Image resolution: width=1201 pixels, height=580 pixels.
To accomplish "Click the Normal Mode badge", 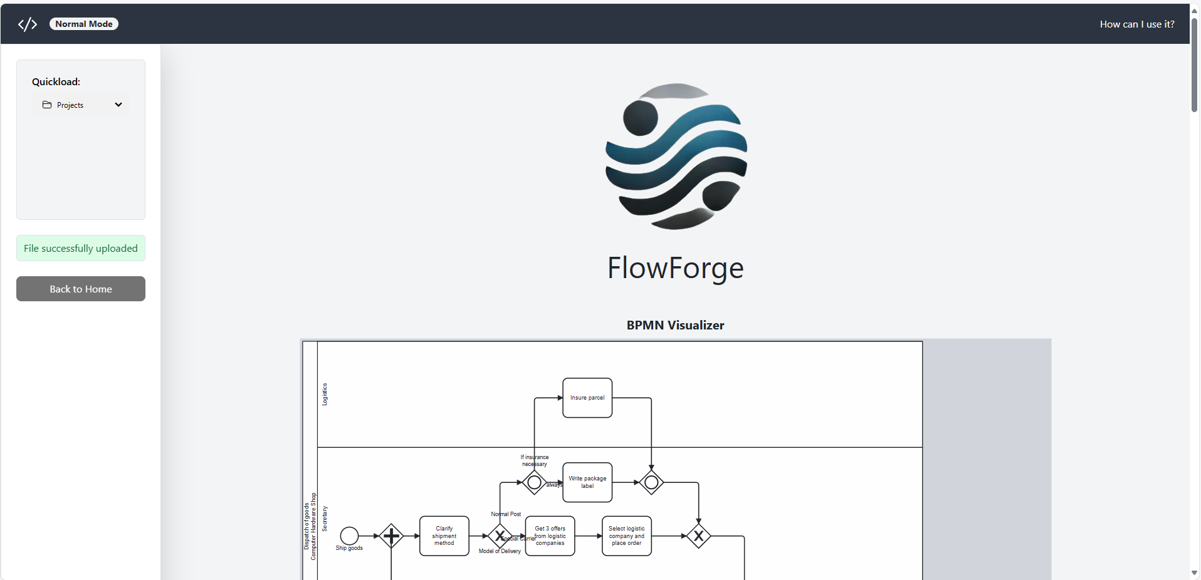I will coord(83,24).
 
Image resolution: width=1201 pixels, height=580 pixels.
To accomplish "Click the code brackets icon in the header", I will coord(28,24).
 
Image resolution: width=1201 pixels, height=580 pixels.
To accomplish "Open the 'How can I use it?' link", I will coord(1136,24).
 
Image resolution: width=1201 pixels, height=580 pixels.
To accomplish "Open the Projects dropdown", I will coord(81,105).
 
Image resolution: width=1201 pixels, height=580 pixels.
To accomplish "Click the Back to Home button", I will coord(81,289).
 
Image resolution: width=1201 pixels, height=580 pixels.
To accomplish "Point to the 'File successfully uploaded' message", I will coord(81,248).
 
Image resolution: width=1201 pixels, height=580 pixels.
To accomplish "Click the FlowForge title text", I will coord(675,268).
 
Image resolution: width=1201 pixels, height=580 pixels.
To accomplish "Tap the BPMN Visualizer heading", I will coord(675,325).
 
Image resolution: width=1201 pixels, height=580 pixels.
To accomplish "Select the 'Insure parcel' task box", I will coord(587,398).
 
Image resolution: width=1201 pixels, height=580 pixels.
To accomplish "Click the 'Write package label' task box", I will coord(587,482).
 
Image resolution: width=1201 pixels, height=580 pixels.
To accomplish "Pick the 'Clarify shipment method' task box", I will coord(444,536).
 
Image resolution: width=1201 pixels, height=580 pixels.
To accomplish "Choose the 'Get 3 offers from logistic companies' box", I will coord(550,536).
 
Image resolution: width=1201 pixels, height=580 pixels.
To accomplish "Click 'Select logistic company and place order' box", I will coord(626,536).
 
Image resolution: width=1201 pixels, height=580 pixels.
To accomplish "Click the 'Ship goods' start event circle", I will coord(349,536).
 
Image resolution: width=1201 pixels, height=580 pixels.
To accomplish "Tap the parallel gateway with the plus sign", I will coord(391,536).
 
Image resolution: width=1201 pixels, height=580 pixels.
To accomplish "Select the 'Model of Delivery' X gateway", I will coord(500,536).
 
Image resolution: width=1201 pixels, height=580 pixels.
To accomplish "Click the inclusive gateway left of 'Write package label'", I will coord(534,482).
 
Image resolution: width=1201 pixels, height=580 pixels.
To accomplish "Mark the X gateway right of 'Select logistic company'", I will coord(698,536).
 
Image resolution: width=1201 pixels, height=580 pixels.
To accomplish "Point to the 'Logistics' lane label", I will coord(325,394).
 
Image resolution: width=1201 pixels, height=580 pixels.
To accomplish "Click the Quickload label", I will coord(56,82).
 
